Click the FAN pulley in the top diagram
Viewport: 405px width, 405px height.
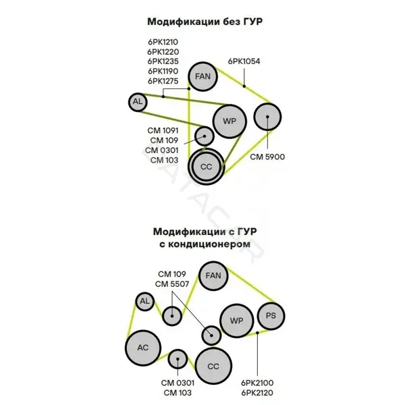202,76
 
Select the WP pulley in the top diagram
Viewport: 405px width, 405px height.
230,121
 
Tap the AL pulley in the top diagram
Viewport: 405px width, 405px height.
138,102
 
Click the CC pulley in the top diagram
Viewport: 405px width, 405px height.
207,167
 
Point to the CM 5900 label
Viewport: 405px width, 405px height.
267,157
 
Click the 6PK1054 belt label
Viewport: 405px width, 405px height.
244,61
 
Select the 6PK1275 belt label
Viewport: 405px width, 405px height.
163,81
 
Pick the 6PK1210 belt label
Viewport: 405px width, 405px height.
163,42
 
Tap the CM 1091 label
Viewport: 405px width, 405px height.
163,130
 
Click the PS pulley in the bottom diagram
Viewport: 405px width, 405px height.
271,316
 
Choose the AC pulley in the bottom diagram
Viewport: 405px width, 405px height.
143,348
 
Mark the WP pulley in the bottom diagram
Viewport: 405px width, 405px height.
237,321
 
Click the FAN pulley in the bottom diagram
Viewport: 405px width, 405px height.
213,275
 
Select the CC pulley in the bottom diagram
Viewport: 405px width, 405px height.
213,366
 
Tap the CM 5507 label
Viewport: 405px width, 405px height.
172,284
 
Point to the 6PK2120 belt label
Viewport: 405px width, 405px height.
257,393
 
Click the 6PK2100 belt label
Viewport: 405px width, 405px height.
257,383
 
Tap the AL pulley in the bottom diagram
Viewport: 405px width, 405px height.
144,302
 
